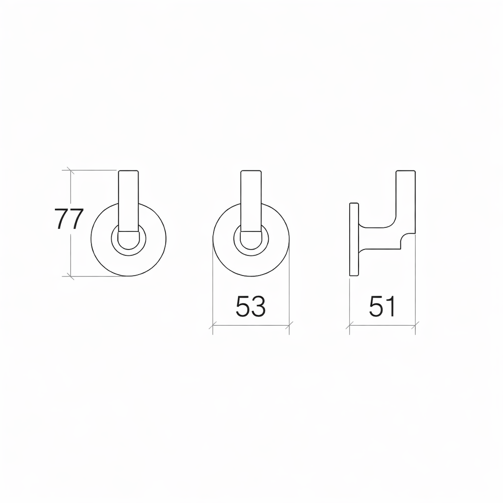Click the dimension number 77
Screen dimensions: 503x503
(x=69, y=219)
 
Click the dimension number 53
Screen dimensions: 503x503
(x=251, y=307)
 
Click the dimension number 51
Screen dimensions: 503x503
(x=382, y=307)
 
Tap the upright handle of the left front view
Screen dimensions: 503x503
(x=129, y=200)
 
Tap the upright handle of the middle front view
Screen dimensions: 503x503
(x=251, y=200)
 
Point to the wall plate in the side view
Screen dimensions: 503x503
(x=354, y=239)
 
